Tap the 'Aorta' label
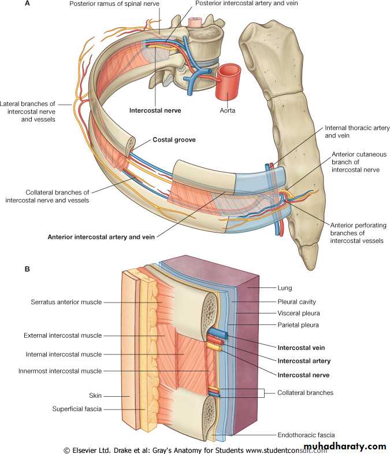[227, 110]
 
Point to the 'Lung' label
[284, 287]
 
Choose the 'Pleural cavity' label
[296, 302]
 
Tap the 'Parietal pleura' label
[298, 325]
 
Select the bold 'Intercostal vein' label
[301, 348]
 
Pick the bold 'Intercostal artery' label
[303, 361]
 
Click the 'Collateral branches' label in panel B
[304, 393]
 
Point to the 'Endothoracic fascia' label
[306, 435]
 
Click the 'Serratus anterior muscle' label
[66, 302]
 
